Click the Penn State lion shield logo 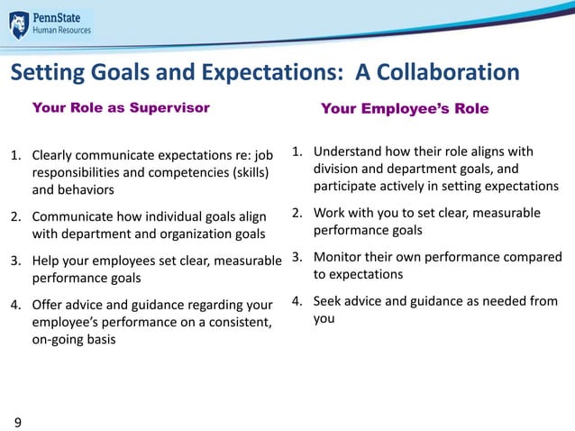19,24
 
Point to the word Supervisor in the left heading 170,108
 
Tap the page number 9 16,421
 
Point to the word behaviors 87,189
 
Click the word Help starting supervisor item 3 47,261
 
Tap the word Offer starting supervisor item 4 49,304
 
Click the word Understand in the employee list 349,151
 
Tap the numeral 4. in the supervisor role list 16,304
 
